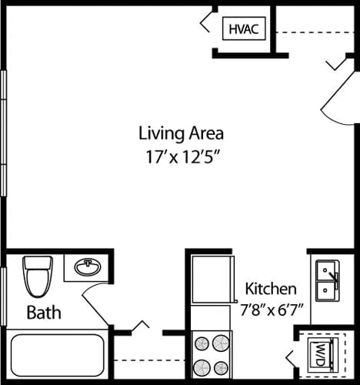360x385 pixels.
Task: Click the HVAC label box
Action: tap(244, 29)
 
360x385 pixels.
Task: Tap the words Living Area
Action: tap(181, 132)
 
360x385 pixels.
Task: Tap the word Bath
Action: tap(44, 313)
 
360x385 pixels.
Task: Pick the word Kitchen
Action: tap(271, 290)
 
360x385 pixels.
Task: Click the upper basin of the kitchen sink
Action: tap(328, 270)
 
